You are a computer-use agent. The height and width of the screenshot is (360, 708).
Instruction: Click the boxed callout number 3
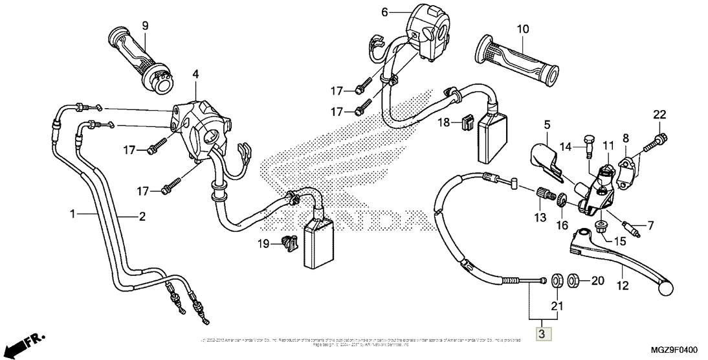542,334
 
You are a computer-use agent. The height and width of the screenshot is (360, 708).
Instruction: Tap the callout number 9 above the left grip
145,25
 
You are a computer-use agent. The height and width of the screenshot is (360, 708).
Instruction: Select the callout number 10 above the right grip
523,29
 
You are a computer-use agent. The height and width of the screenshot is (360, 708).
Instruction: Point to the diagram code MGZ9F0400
670,350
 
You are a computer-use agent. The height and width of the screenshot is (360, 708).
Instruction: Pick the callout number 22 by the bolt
659,115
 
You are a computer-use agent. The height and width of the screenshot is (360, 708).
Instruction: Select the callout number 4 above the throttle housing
195,75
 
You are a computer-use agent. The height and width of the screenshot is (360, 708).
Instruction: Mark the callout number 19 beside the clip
262,243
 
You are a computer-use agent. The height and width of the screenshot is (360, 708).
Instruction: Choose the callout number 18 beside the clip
442,122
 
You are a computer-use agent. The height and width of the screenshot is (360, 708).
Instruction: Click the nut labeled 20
573,281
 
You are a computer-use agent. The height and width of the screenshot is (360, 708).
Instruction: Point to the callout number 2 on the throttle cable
142,216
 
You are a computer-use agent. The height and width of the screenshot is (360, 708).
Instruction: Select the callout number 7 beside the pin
650,225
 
